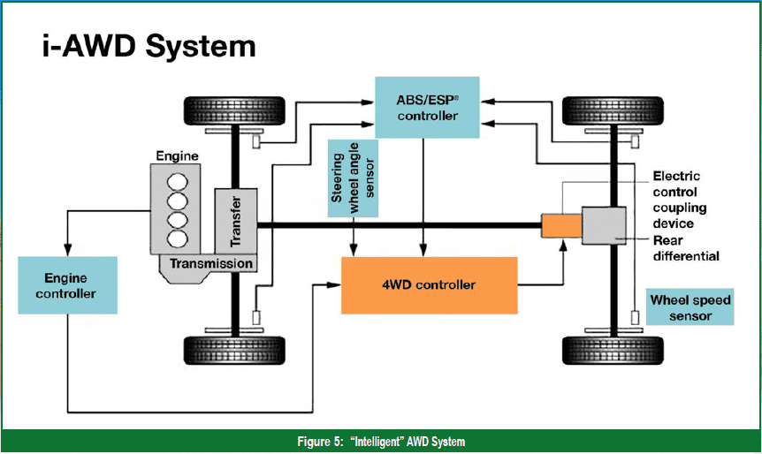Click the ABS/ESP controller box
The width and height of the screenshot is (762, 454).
point(427,106)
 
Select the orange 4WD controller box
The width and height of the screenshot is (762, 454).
point(429,285)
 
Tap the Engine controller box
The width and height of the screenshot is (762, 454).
point(66,284)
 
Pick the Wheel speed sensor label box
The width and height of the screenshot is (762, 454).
point(690,306)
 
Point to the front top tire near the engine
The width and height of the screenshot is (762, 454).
point(234,110)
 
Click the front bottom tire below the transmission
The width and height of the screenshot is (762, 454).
point(234,350)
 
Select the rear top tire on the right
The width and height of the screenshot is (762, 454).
point(613,110)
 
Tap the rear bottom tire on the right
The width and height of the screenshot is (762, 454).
point(613,350)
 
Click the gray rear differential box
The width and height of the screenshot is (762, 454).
point(604,225)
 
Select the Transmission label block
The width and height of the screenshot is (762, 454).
point(211,263)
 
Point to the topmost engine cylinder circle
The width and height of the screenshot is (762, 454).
point(178,181)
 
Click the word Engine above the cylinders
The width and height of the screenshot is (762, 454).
point(177,156)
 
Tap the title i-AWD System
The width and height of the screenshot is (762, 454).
point(149,46)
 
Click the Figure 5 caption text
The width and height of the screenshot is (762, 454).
point(380,442)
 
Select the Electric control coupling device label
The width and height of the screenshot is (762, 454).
point(678,200)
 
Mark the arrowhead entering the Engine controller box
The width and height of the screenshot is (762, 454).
point(66,253)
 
